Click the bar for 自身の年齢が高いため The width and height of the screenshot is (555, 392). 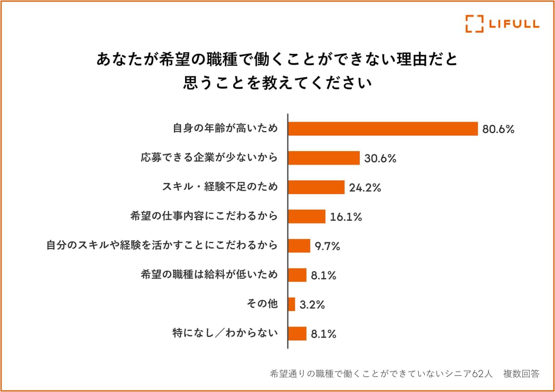coord(382,129)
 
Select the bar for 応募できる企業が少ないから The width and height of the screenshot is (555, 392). coord(324,158)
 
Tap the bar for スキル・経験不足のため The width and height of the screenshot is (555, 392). coord(316,187)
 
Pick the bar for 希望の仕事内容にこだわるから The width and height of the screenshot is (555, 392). coord(307,216)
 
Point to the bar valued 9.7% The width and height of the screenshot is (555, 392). coord(299,246)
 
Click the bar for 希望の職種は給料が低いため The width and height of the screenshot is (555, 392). coord(297,275)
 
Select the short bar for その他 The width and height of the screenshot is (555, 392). coord(292,304)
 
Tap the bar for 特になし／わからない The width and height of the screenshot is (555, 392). coord(297,333)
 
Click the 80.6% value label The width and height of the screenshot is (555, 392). coord(499,129)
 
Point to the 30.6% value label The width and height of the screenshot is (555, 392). coord(380,159)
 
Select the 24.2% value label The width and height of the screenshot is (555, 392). coord(365,188)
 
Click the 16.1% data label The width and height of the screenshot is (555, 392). coord(346,217)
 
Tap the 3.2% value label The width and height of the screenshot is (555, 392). coord(313,305)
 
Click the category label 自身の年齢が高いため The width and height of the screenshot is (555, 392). coord(225,129)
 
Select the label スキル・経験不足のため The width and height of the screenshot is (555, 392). coord(220,187)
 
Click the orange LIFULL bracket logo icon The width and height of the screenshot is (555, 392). coord(474,24)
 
